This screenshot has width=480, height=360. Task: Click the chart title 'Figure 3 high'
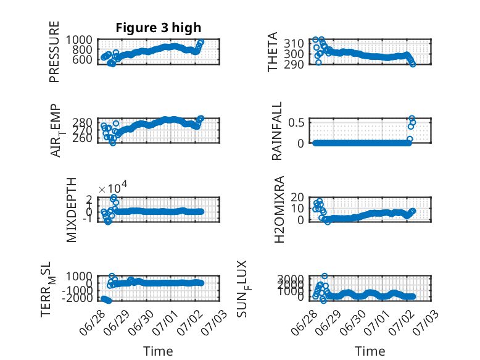pyautogui.click(x=159, y=28)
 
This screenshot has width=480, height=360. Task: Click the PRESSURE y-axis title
pyautogui.click(x=54, y=52)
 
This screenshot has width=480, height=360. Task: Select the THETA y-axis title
pyautogui.click(x=272, y=52)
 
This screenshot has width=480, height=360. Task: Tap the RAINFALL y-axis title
pyautogui.click(x=276, y=131)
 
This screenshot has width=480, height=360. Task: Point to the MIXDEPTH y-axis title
pyautogui.click(x=71, y=210)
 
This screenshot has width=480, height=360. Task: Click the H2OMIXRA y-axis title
pyautogui.click(x=279, y=209)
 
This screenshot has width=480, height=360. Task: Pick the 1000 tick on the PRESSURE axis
pyautogui.click(x=79, y=40)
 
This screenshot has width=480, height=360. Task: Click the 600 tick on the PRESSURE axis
pyautogui.click(x=82, y=59)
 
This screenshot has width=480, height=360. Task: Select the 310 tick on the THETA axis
pyautogui.click(x=294, y=44)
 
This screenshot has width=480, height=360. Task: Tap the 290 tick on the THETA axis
pyautogui.click(x=294, y=64)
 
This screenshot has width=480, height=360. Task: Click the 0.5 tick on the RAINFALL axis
pyautogui.click(x=296, y=122)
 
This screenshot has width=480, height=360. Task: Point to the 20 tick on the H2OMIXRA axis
pyautogui.click(x=297, y=198)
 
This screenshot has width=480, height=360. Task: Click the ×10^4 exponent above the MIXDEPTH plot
pyautogui.click(x=113, y=188)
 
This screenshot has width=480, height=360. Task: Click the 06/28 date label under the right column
pyautogui.click(x=303, y=322)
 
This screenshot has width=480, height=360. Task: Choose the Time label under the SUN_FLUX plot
pyautogui.click(x=370, y=351)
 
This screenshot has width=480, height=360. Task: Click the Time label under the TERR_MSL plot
pyautogui.click(x=159, y=351)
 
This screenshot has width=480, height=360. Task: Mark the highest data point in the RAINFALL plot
pyautogui.click(x=412, y=119)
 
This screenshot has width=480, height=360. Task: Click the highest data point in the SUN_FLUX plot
pyautogui.click(x=325, y=276)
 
